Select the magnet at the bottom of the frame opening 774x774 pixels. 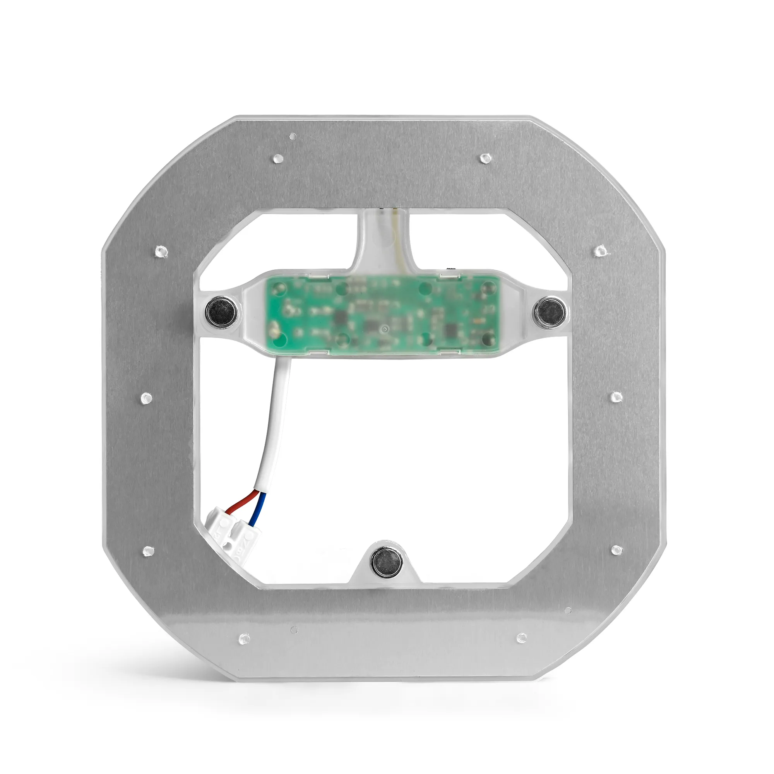387,562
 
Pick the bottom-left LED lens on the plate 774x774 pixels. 244,639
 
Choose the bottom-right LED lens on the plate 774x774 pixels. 522,638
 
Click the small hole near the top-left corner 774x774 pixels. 293,136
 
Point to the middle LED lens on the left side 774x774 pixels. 146,398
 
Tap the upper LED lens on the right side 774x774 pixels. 600,251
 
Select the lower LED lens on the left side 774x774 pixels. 148,551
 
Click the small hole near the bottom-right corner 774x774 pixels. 568,611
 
